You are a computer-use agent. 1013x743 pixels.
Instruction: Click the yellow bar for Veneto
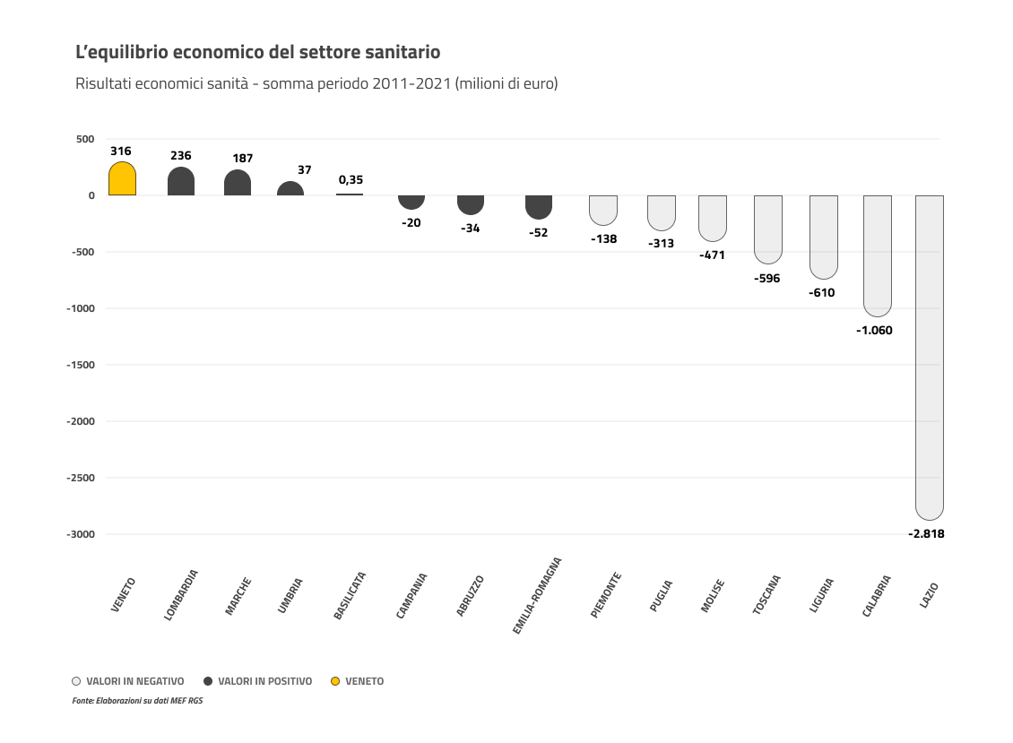coord(122,179)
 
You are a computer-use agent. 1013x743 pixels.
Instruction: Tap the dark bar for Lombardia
coord(181,182)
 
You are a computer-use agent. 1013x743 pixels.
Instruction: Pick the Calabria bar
coord(877,255)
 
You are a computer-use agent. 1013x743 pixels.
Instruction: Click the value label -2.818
coord(926,533)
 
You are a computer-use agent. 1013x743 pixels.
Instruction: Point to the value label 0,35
coord(351,179)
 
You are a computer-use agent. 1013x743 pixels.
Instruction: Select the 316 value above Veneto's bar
coord(121,151)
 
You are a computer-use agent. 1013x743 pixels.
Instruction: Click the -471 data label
coord(712,255)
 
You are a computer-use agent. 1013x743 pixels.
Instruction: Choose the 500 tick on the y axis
coord(85,139)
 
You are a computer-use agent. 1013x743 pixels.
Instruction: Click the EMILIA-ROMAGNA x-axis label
coord(537,596)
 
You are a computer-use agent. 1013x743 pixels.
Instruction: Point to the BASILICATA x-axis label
coord(350,596)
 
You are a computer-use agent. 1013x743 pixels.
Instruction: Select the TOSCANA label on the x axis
coord(766,593)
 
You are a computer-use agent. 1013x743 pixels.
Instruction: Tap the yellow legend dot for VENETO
coord(335,681)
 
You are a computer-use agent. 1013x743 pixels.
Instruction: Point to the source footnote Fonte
coord(137,701)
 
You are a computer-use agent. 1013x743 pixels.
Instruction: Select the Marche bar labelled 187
coord(238,183)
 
